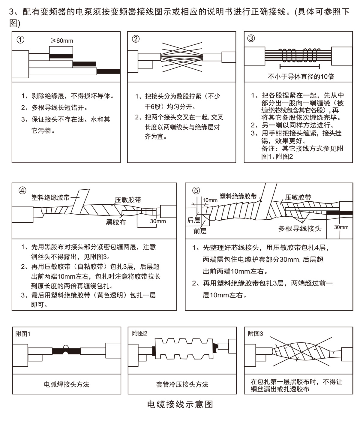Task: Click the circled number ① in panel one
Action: [x=20, y=40]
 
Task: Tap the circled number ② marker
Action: [x=136, y=39]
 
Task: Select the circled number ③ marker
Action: [x=251, y=38]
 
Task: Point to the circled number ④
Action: [x=22, y=191]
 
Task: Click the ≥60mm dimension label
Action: [x=62, y=41]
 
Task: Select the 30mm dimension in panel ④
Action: [x=158, y=221]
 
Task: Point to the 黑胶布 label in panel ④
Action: [x=116, y=222]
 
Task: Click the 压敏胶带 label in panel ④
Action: [x=128, y=200]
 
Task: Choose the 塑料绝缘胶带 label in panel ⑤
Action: [x=238, y=196]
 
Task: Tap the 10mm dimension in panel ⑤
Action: [x=210, y=200]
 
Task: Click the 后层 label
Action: [x=193, y=220]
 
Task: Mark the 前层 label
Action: [x=200, y=231]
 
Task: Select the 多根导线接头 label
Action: [x=300, y=229]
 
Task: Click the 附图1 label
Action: [x=23, y=334]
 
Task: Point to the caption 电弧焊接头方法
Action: [x=67, y=384]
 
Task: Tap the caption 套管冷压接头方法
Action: [x=182, y=384]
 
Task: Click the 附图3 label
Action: [x=256, y=334]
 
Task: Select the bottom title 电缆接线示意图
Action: [x=180, y=404]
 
